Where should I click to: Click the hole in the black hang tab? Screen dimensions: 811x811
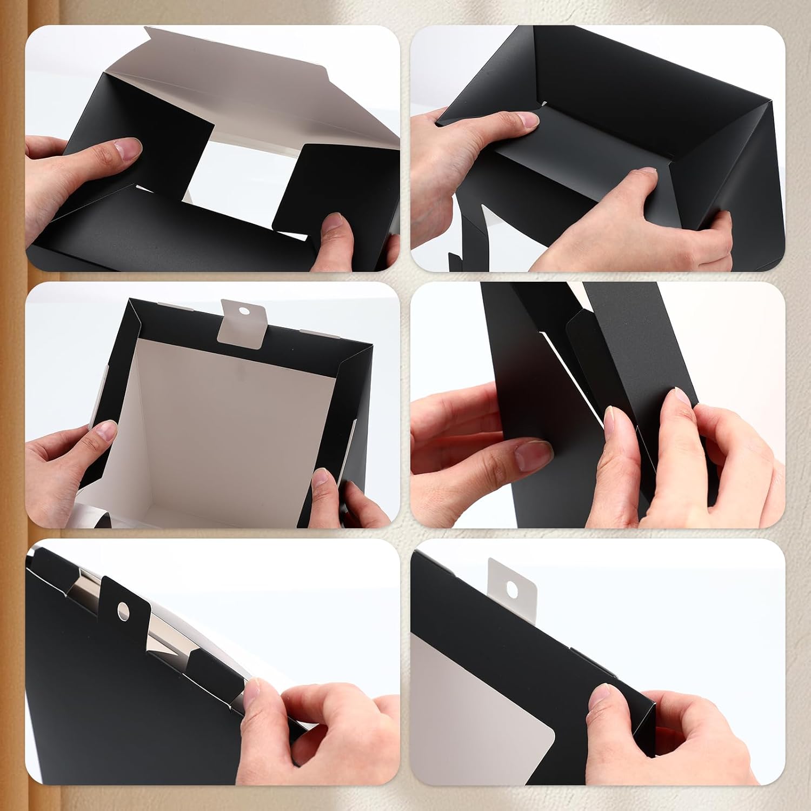tap(123, 611)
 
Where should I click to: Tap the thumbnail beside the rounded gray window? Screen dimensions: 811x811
tap(598, 697)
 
